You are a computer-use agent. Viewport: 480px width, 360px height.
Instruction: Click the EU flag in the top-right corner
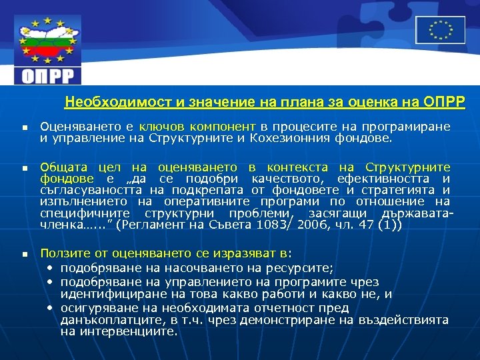(440, 30)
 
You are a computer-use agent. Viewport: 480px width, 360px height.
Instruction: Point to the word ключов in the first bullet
(161, 127)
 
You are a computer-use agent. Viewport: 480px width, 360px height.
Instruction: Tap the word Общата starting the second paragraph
(61, 167)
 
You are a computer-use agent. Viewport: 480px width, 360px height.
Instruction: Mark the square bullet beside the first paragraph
(23, 127)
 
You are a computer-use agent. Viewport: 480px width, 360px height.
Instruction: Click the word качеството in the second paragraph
(295, 179)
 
